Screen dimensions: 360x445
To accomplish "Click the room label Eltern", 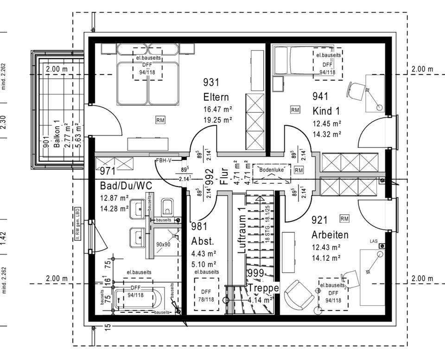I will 216,97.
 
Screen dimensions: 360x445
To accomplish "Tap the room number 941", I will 320,96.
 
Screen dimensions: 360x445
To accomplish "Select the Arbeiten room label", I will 330,235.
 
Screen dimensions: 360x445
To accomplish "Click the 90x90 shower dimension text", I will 163,244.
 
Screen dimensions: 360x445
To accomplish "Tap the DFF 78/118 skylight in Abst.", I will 206,295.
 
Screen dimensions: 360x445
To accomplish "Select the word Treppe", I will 263,288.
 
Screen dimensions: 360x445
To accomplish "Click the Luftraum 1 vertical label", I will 241,230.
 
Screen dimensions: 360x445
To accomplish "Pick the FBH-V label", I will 163,161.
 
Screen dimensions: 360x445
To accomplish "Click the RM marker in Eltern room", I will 160,120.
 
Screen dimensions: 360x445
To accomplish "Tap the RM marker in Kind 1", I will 295,110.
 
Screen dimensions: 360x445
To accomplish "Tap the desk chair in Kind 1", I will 356,89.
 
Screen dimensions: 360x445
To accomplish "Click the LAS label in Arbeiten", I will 374,241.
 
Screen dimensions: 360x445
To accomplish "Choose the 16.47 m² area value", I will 217,110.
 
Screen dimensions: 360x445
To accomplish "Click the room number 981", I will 200,227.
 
